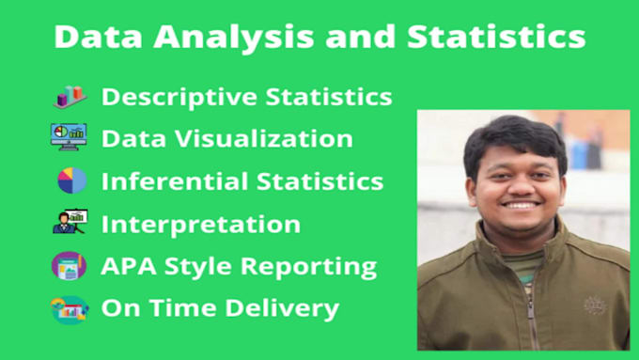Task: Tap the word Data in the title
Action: point(92,37)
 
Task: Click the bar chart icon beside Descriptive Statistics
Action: point(70,97)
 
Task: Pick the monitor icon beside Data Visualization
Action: point(69,137)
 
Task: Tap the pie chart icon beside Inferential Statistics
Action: point(70,180)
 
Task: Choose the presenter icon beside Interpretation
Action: point(69,223)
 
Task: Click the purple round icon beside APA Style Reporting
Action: point(69,265)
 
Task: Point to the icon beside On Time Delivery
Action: point(70,307)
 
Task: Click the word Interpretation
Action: point(200,224)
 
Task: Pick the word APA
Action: point(123,266)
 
